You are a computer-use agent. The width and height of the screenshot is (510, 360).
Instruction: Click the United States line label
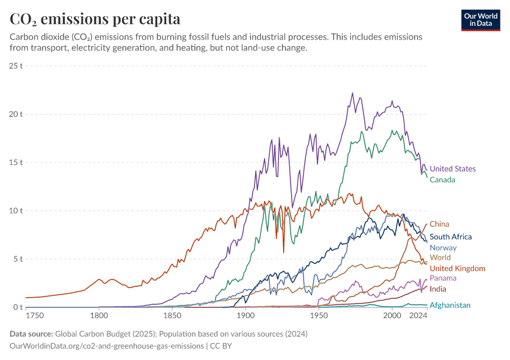(452, 169)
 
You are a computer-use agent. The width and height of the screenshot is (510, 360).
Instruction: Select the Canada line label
(442, 180)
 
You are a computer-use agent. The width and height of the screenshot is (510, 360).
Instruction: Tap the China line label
(439, 224)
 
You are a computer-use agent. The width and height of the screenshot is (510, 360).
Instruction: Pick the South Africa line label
(451, 237)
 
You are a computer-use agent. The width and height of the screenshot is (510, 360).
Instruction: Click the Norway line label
(443, 248)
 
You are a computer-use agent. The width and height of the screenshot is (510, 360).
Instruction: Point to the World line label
(440, 258)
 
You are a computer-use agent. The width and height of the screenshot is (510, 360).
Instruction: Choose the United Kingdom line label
(457, 269)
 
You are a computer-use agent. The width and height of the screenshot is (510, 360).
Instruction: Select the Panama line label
(443, 278)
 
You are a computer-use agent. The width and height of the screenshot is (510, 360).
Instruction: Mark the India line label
(438, 289)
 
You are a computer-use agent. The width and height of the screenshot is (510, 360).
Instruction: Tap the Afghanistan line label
(450, 305)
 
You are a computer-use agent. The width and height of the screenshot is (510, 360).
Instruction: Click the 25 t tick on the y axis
(16, 65)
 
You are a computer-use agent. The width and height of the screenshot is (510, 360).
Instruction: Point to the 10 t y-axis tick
(16, 211)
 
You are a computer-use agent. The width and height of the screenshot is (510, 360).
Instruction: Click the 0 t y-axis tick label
(18, 308)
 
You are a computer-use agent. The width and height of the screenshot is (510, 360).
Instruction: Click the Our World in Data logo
(481, 20)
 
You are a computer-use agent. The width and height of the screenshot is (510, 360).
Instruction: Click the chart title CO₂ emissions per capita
(95, 19)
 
